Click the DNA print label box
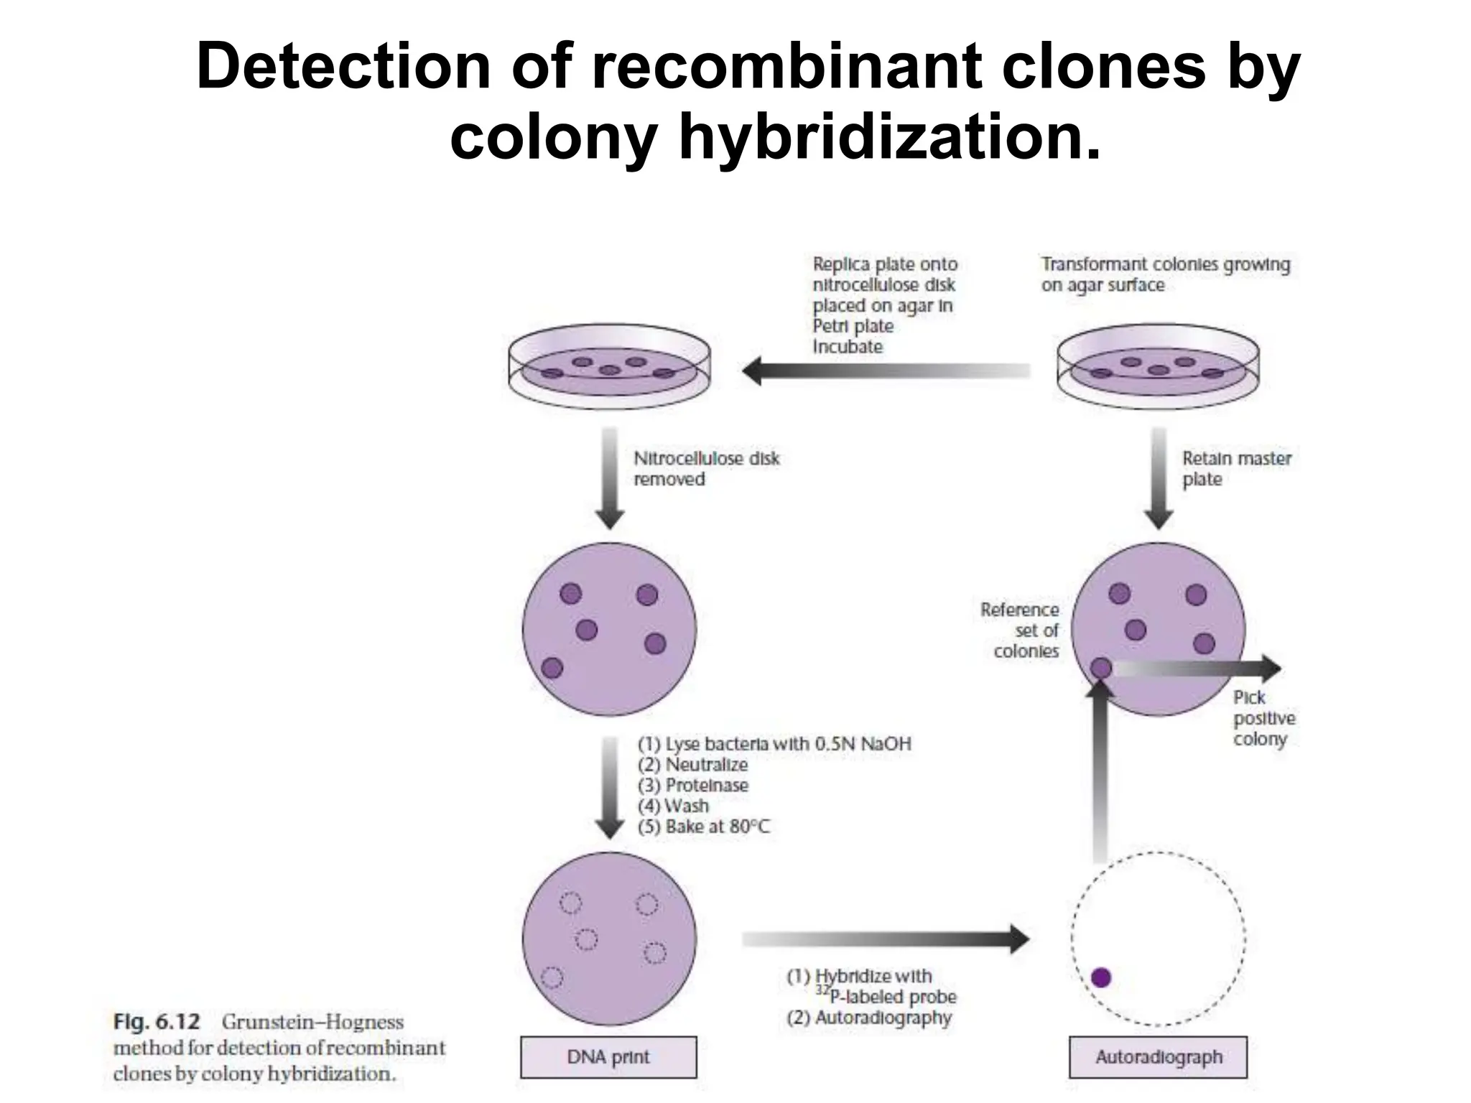[608, 1056]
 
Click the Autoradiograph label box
[1158, 1056]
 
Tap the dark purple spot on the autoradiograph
[1100, 977]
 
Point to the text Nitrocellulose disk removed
[705, 468]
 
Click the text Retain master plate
[1236, 468]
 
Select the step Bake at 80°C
[704, 827]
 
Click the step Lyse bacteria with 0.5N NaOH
[774, 744]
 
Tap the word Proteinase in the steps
[706, 786]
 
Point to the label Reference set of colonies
[1021, 630]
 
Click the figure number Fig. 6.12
[157, 1022]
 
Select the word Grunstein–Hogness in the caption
[312, 1022]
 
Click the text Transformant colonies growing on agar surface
[1165, 274]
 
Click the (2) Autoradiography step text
[869, 1018]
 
